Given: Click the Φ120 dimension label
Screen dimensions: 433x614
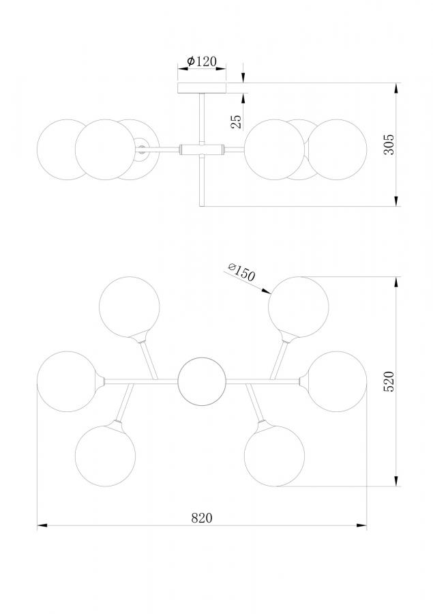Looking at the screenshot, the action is tap(202, 61).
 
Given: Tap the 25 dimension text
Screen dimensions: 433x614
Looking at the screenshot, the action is tap(236, 122).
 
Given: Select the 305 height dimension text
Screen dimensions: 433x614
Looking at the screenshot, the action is tap(389, 145).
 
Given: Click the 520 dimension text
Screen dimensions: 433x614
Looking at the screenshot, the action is tap(389, 381).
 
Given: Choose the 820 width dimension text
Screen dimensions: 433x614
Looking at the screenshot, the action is tap(202, 518).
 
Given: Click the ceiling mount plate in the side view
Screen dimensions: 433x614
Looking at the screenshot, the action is tap(202, 88).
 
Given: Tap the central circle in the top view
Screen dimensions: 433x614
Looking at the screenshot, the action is tap(202, 382).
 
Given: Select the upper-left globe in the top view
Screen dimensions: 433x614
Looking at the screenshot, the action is tap(130, 307).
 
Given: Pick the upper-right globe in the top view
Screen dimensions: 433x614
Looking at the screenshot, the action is tap(298, 307).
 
